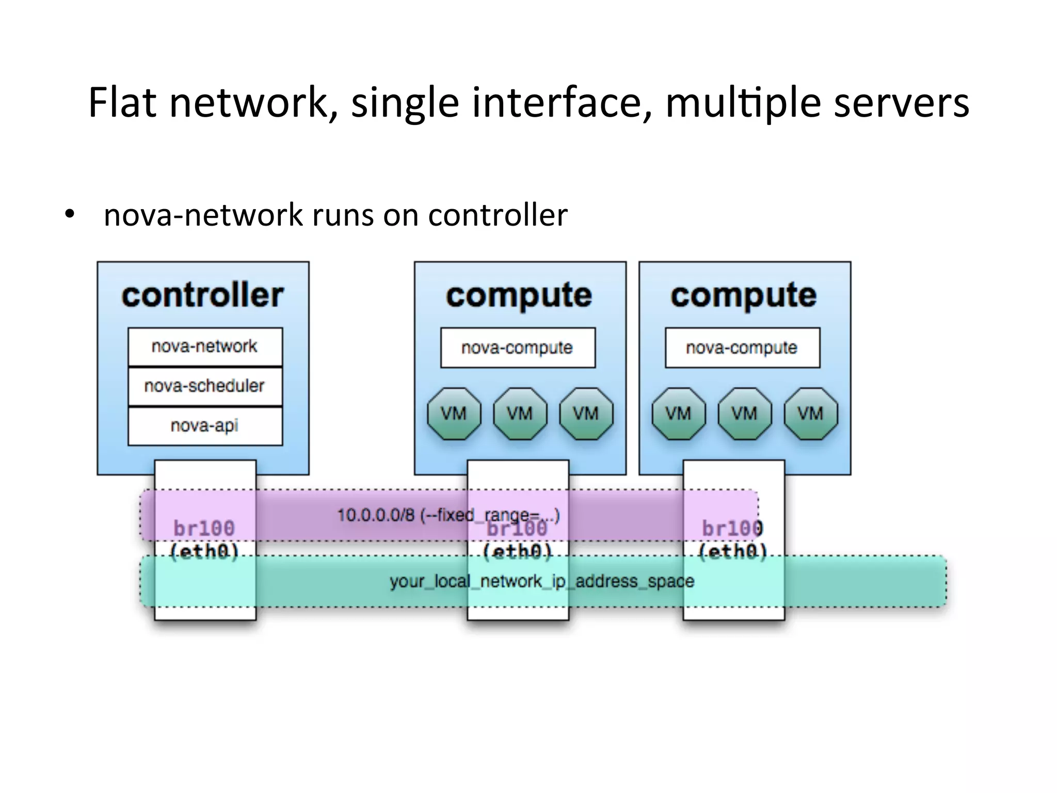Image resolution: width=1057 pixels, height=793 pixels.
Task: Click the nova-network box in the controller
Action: point(205,346)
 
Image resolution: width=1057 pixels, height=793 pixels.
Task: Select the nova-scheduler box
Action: point(205,386)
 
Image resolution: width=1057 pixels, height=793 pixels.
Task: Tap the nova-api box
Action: point(205,426)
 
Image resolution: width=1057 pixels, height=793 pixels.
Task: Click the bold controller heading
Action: point(203,295)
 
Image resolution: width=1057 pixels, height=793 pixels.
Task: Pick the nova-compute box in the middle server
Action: point(518,348)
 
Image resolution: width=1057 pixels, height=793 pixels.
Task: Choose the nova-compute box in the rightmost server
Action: point(742,348)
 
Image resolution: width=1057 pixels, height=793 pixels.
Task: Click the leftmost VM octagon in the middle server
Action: point(454,414)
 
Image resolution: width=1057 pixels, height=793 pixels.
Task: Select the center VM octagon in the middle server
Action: point(520,414)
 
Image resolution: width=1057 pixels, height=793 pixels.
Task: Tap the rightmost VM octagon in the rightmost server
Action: point(810,414)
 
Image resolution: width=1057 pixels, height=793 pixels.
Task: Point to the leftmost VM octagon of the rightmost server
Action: point(678,414)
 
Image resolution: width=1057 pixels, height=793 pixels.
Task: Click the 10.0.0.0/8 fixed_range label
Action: point(448,515)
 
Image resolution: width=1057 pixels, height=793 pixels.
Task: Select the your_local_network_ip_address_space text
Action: point(542,582)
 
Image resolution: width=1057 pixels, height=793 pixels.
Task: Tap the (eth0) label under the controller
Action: point(204,552)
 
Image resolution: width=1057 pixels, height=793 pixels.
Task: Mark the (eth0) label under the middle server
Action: point(518,552)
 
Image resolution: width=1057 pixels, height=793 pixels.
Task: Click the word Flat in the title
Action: point(122,103)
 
